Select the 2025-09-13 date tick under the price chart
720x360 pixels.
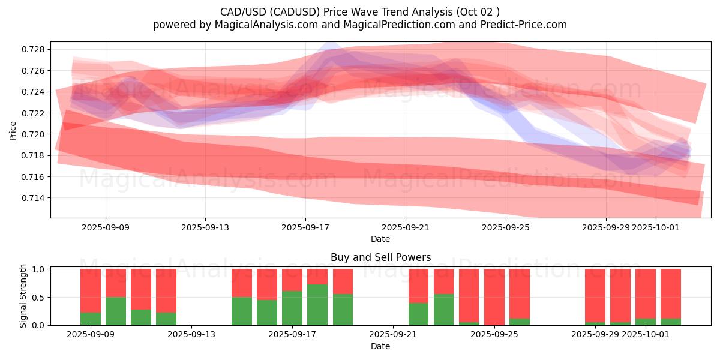tap(205, 227)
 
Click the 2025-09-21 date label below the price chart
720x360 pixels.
tap(406, 227)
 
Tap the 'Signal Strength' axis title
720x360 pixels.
tap(24, 296)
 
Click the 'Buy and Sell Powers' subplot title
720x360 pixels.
tap(380, 257)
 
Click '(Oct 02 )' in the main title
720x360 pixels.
tap(476, 11)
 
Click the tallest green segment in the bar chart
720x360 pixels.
tap(317, 305)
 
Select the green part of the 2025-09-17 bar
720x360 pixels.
tap(292, 308)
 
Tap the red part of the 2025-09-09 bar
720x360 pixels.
tap(91, 290)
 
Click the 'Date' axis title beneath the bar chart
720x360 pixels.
tap(380, 346)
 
